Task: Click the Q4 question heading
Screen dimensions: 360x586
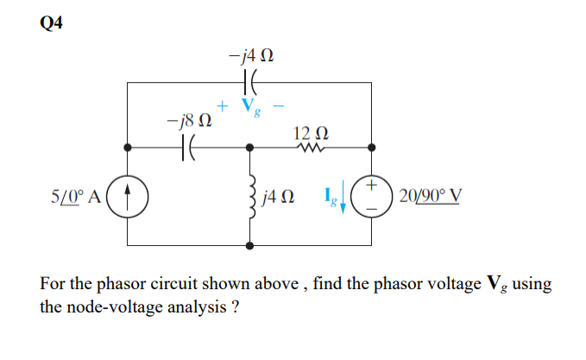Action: tap(51, 23)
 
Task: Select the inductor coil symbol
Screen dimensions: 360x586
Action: tap(251, 197)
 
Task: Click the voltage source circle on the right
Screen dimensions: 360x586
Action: tap(373, 195)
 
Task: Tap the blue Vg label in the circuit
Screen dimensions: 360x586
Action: tap(249, 107)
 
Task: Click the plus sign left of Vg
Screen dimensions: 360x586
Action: tap(223, 105)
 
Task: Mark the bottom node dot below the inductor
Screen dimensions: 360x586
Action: tap(251, 245)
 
